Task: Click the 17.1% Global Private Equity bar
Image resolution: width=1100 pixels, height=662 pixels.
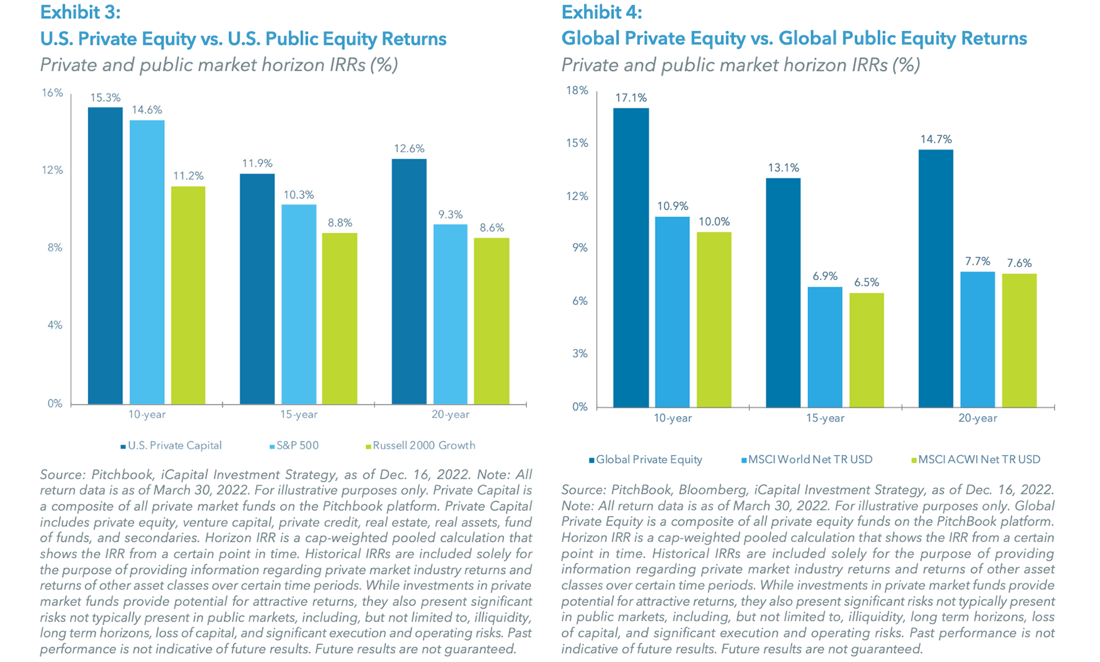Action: tap(631, 257)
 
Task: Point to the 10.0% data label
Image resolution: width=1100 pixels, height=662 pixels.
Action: tap(714, 222)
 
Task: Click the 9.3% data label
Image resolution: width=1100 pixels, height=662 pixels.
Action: tap(450, 215)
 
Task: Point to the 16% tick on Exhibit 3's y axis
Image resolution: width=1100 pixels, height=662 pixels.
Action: tap(52, 93)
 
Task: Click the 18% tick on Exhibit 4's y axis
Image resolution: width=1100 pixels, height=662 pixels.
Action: tap(577, 91)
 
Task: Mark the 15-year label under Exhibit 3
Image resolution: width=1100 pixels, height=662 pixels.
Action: tap(298, 415)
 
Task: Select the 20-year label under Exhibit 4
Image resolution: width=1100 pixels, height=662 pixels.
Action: tap(977, 418)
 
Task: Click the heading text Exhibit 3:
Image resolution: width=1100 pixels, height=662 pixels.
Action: tap(80, 12)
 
